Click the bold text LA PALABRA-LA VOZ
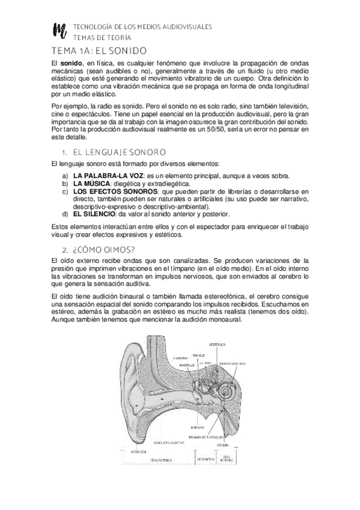105,176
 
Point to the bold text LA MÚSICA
91,183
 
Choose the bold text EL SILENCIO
95,214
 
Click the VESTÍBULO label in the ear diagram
216,344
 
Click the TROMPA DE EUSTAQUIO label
206,436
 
